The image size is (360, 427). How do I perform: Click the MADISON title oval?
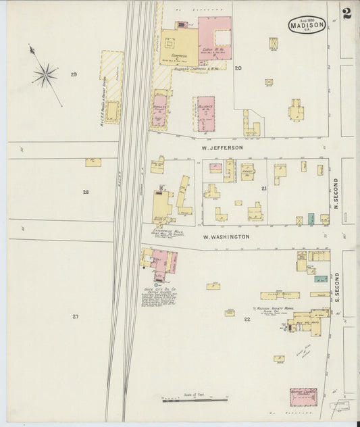tap(307, 24)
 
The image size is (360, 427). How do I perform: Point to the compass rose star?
tap(45, 74)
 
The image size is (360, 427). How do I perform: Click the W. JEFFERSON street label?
tap(222, 147)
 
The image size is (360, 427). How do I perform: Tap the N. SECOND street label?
tap(336, 193)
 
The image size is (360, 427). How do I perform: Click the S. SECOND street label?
tap(336, 284)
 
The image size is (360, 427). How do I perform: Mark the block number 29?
tap(74, 74)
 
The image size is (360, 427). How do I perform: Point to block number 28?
tap(86, 193)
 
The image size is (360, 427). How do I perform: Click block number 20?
tap(238, 68)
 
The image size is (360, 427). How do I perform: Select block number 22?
tap(247, 319)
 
